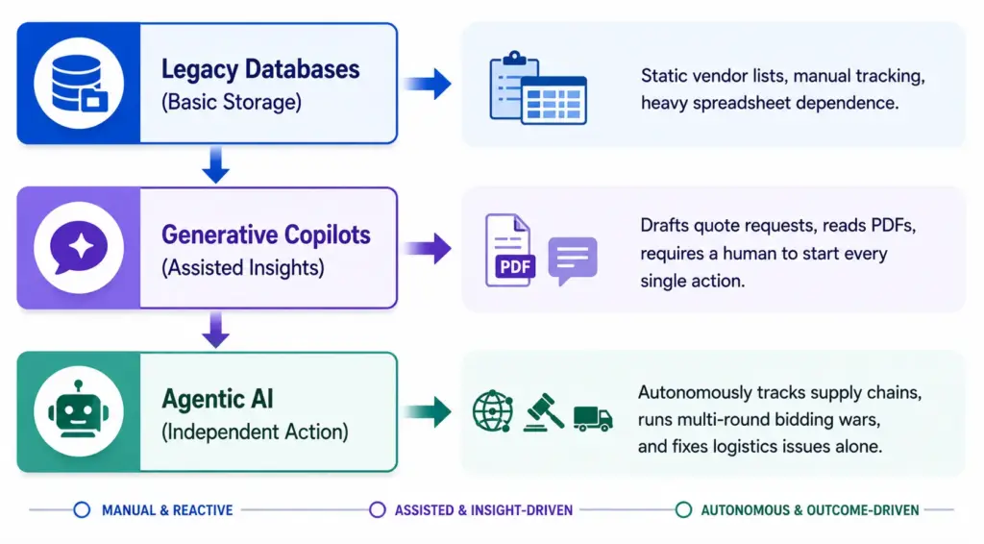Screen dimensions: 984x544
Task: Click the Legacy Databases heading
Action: (260, 69)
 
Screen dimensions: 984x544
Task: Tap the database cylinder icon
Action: (79, 83)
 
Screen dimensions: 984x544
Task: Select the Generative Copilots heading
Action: (266, 235)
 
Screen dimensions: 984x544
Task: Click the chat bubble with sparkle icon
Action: (79, 247)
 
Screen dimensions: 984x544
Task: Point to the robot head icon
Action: (79, 409)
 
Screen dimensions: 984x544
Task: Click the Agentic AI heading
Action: (218, 399)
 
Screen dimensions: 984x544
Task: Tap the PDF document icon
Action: (509, 250)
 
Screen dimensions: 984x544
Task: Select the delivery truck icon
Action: (593, 418)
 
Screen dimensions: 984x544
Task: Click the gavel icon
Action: (544, 411)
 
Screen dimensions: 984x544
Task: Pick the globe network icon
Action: (493, 411)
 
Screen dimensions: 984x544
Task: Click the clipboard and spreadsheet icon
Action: (538, 87)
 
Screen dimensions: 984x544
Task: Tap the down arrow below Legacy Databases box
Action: (216, 164)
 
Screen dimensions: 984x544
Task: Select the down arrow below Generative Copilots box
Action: (216, 330)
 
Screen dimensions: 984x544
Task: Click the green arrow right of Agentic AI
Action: (428, 411)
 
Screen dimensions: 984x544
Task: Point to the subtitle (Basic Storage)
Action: (232, 102)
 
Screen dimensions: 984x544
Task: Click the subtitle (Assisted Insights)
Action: (243, 267)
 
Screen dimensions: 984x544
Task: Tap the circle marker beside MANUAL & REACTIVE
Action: (82, 509)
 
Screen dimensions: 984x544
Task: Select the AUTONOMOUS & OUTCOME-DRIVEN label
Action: (809, 510)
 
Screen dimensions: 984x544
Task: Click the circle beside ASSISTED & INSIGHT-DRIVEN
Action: (377, 509)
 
